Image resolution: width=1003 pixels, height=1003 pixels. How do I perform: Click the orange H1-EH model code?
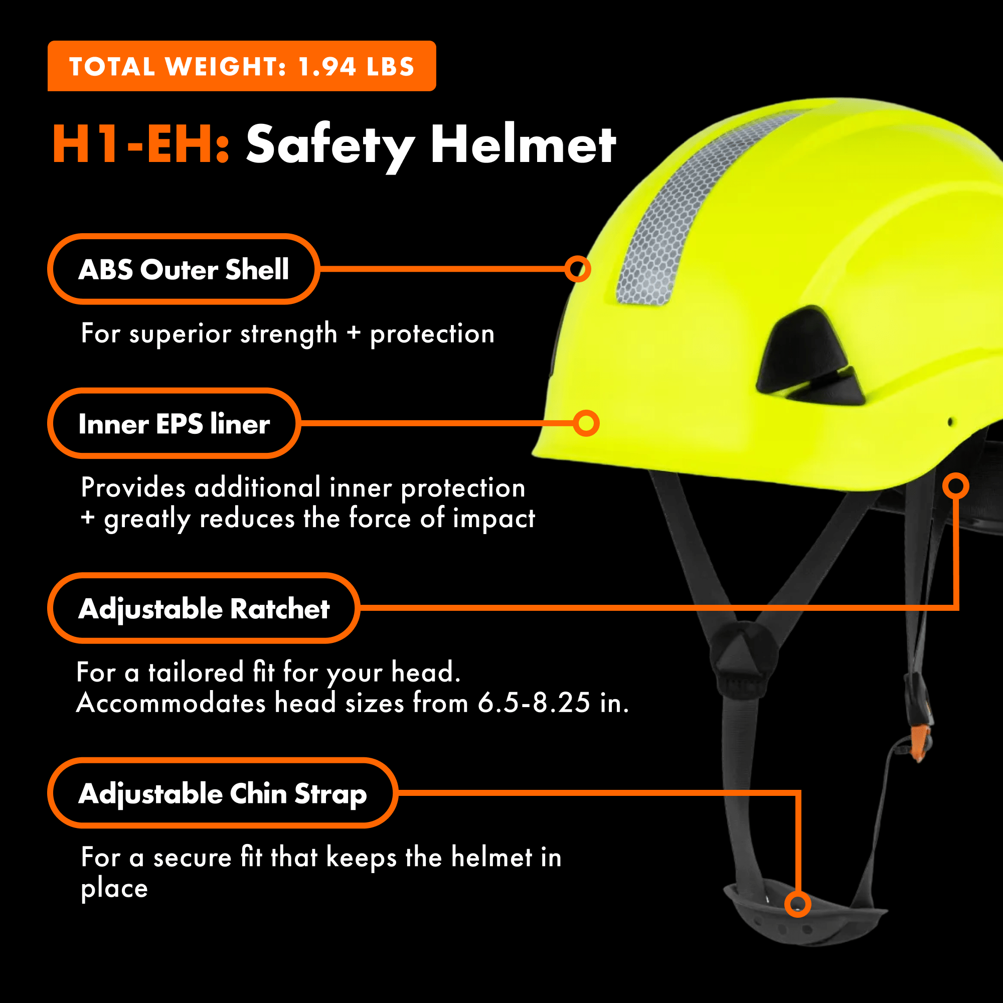[x=140, y=145]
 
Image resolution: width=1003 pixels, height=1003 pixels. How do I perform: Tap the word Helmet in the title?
[x=523, y=145]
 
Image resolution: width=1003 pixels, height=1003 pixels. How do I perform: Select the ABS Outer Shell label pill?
[x=183, y=269]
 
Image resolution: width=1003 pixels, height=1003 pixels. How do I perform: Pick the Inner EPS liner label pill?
[x=174, y=423]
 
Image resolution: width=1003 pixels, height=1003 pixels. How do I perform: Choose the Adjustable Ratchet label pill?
[x=204, y=608]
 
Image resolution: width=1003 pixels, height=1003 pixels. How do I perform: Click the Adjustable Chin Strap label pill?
[x=222, y=793]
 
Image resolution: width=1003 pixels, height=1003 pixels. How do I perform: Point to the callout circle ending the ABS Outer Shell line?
[x=577, y=269]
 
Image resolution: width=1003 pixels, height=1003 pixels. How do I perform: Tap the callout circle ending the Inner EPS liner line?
[x=586, y=423]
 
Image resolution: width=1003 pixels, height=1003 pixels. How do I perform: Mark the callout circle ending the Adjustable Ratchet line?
[x=955, y=486]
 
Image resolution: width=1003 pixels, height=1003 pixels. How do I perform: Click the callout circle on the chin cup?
[x=797, y=904]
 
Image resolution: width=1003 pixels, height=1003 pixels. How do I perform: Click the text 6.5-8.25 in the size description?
[x=534, y=703]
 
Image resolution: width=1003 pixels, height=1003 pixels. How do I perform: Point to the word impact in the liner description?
[x=493, y=518]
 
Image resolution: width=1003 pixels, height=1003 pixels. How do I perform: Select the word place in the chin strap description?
[x=114, y=888]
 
